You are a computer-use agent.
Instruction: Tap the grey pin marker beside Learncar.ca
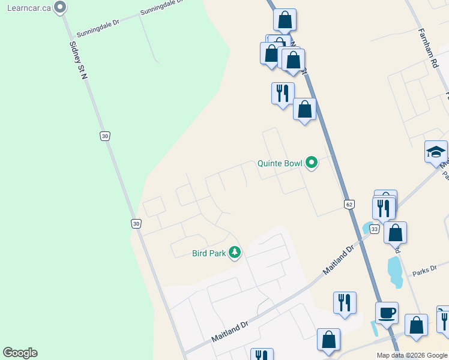59,7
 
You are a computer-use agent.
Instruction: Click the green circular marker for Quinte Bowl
312,163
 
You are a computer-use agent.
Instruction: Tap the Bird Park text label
208,253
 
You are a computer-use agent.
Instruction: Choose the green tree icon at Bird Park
235,253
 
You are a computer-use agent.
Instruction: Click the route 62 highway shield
349,205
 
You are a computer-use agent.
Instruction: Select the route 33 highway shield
375,229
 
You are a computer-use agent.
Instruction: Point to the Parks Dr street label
424,272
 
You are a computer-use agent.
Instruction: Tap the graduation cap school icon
436,152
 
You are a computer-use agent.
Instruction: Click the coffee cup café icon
387,312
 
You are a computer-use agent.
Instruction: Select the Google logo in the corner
20,353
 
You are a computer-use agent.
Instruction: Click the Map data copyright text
412,355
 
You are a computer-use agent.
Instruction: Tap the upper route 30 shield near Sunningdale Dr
105,136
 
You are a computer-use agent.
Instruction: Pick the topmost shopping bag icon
285,20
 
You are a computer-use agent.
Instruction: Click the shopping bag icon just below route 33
396,232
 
